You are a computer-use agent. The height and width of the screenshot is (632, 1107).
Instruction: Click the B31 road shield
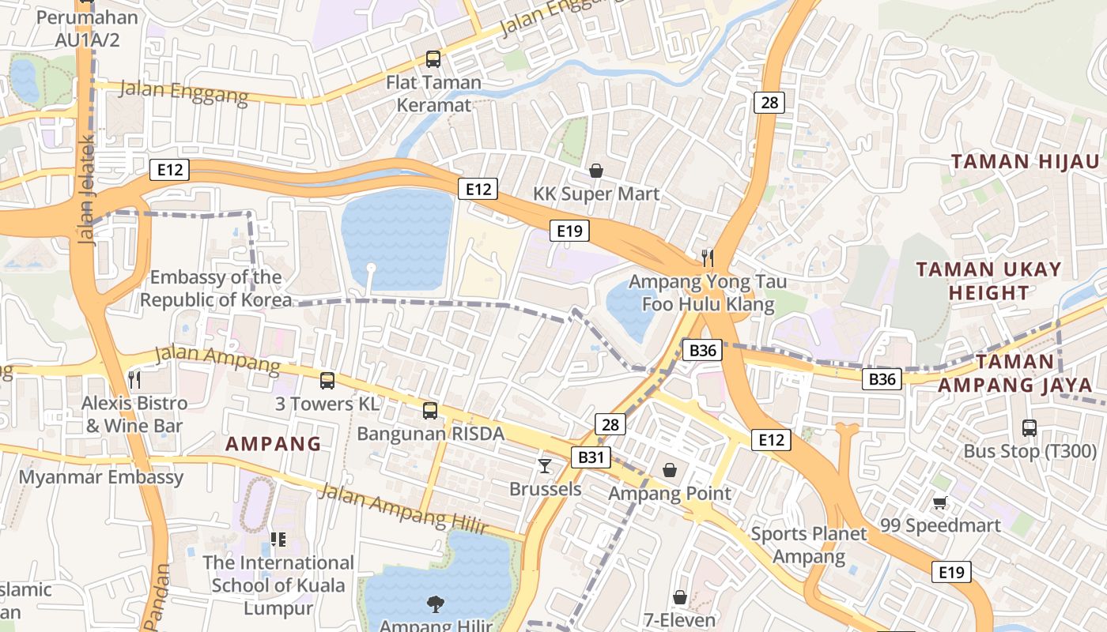[x=591, y=457]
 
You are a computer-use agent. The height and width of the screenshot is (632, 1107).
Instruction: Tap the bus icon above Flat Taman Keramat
[x=433, y=58]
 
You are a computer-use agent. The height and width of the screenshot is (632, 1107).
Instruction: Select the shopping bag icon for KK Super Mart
[x=596, y=171]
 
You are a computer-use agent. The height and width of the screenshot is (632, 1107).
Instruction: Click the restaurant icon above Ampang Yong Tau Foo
[x=708, y=258]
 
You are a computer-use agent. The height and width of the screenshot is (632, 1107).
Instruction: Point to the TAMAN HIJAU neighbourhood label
[x=1013, y=162]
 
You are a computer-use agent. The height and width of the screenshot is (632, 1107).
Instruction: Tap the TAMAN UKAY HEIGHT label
[x=988, y=281]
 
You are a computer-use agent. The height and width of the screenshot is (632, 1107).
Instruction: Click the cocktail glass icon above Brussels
[x=545, y=465]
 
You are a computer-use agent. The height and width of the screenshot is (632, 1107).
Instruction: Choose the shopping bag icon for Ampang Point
[x=670, y=470]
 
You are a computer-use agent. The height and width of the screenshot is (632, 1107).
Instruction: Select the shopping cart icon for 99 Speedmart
[x=940, y=502]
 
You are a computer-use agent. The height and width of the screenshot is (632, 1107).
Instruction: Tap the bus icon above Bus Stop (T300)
[x=1029, y=428]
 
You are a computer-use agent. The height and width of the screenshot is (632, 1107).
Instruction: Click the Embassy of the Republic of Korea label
[x=215, y=288]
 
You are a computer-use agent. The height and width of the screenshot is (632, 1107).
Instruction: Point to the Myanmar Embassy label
[x=101, y=477]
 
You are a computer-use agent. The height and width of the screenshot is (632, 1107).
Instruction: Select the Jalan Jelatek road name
[x=86, y=190]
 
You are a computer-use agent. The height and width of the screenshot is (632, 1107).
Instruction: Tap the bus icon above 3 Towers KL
[x=327, y=381]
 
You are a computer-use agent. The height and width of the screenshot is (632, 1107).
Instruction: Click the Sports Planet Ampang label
[x=808, y=545]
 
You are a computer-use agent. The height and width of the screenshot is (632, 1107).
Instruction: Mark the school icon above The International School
[x=278, y=540]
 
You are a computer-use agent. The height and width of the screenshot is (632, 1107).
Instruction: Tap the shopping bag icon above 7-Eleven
[x=679, y=597]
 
